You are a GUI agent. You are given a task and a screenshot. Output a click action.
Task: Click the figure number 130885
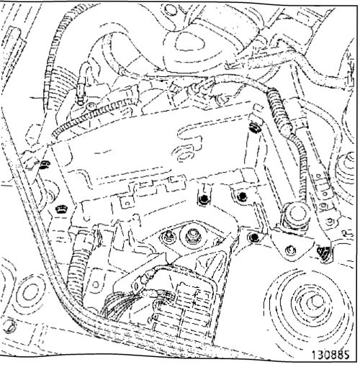pos(330,354)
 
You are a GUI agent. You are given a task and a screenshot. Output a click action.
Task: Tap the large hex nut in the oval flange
pos(192,234)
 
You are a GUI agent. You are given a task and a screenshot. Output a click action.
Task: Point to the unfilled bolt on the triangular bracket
pos(291,250)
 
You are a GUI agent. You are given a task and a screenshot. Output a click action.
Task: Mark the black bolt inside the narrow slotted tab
pos(204,199)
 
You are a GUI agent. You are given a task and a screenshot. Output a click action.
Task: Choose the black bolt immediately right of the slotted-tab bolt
pos(241,196)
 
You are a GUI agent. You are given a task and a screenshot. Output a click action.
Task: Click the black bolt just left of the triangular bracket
pos(254,237)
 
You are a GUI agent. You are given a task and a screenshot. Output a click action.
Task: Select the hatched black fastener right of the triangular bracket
pos(323,253)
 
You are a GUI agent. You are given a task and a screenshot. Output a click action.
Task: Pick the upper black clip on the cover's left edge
pos(45,165)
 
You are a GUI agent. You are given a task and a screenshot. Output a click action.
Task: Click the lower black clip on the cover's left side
pos(61,209)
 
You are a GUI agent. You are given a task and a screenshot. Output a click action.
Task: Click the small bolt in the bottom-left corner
pos(9,325)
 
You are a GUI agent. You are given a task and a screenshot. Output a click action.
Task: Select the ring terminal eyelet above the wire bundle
pos(138,286)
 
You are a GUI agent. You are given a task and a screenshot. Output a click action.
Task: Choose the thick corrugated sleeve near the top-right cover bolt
pos(279,110)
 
